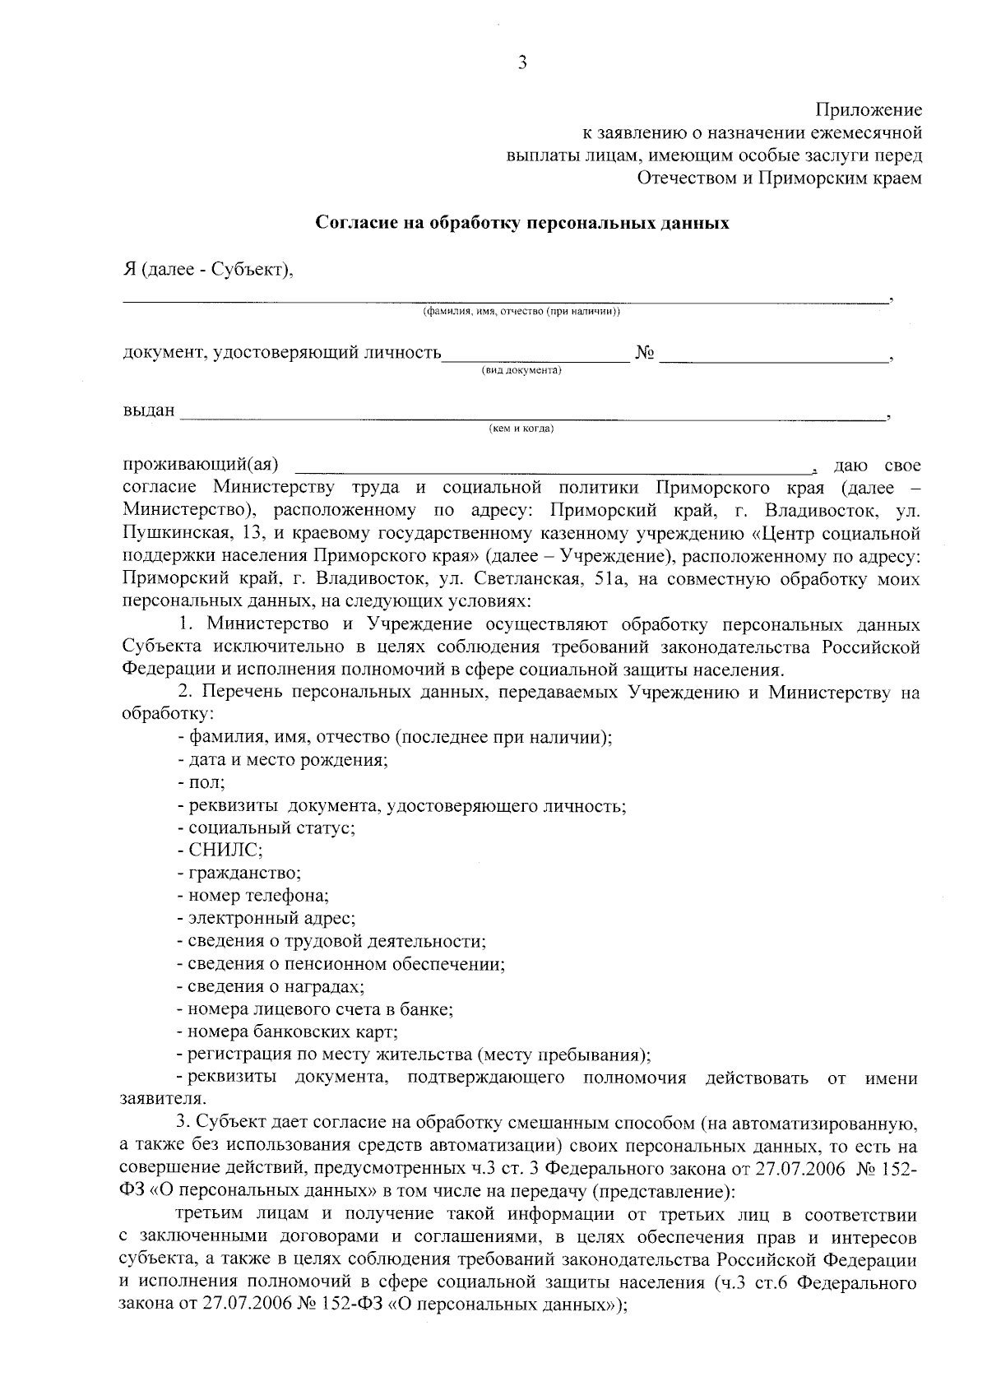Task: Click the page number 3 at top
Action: [x=521, y=63]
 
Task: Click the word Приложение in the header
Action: [x=868, y=110]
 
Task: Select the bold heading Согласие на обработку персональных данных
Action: [x=523, y=223]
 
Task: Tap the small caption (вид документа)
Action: [x=521, y=371]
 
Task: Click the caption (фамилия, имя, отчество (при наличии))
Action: [x=521, y=312]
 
